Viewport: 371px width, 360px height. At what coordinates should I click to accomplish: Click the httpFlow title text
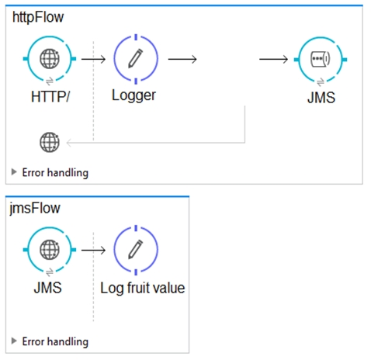[38, 18]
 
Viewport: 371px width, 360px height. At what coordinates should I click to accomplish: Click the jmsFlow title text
[35, 209]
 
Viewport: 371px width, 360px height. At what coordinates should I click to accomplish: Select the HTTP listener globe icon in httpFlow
[50, 59]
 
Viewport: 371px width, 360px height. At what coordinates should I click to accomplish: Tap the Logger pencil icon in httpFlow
[136, 58]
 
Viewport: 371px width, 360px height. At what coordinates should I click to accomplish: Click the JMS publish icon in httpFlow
[321, 59]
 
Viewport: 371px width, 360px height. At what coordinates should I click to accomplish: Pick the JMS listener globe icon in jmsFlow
[50, 250]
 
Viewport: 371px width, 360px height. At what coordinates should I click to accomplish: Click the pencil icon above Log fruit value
[136, 249]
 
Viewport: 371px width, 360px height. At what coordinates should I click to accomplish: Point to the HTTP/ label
[50, 97]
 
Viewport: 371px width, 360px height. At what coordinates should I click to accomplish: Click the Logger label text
[133, 95]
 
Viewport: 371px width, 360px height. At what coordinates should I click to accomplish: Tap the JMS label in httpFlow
[321, 98]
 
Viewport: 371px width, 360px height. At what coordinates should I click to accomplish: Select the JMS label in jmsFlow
[48, 288]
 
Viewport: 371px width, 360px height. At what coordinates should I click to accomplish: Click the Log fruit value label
[143, 288]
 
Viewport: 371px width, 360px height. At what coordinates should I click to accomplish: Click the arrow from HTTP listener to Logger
[93, 59]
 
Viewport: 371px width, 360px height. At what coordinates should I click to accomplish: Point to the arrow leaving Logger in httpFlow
[182, 59]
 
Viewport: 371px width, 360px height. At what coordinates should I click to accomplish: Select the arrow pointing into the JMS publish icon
[273, 59]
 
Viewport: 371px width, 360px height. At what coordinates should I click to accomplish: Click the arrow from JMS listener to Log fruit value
[93, 250]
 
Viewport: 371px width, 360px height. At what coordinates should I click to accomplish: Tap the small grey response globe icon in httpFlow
[50, 142]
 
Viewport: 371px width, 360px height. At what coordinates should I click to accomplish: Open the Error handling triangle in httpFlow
[14, 171]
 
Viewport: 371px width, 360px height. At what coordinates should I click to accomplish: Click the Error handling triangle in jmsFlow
[14, 341]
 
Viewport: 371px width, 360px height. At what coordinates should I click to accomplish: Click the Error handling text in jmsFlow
[55, 341]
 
